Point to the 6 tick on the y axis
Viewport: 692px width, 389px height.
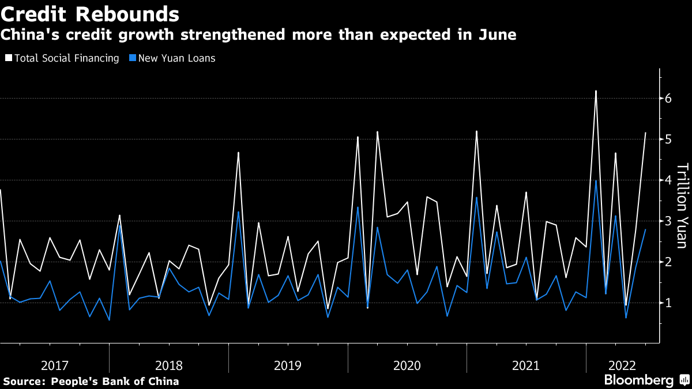point(668,99)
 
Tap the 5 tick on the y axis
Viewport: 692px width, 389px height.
point(668,139)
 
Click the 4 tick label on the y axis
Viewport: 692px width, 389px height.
point(668,180)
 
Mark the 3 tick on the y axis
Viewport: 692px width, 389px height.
point(668,221)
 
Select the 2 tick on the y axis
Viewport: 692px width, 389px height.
point(668,262)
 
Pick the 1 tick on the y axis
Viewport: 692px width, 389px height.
point(668,303)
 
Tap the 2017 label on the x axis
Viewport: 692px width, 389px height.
point(55,365)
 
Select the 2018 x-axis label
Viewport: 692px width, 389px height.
point(168,365)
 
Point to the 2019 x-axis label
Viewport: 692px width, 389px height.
point(288,365)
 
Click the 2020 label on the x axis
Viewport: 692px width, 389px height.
point(407,365)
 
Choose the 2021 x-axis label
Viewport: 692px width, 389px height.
point(526,365)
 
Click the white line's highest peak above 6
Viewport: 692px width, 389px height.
point(596,91)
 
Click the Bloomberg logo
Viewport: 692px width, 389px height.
point(638,380)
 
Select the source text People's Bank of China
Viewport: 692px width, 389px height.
point(115,382)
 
